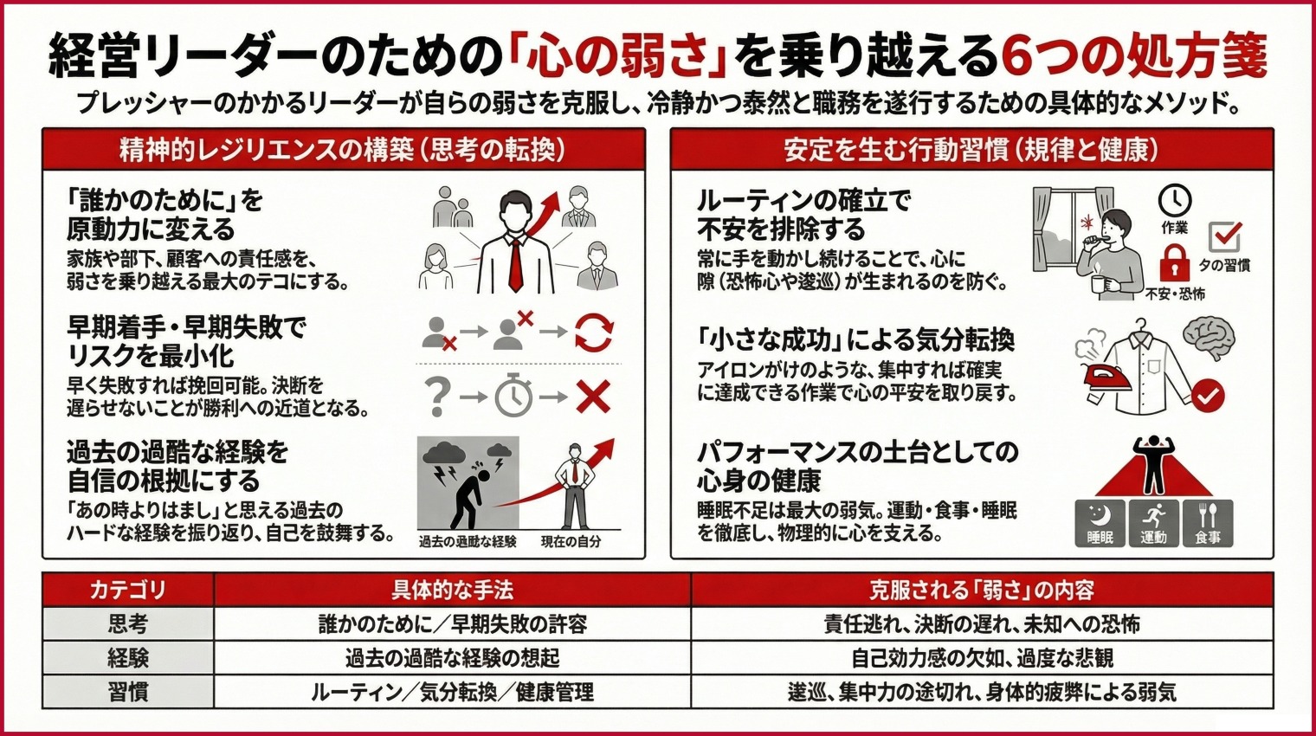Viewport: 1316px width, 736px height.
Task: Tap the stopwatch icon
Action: tap(513, 397)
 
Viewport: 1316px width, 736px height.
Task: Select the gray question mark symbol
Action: tap(438, 397)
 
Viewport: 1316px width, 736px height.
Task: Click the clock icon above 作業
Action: tap(1174, 201)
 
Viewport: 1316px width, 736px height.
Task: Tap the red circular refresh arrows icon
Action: tap(593, 332)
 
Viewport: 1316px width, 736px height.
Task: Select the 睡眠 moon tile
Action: tap(1100, 523)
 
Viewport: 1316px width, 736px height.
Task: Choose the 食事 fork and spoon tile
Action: tap(1208, 523)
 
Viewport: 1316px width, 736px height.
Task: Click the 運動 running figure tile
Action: tap(1153, 523)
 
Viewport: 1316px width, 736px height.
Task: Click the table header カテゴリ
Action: tap(128, 591)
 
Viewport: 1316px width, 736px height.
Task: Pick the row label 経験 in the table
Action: tap(128, 658)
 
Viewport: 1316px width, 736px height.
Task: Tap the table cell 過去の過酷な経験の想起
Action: tap(452, 658)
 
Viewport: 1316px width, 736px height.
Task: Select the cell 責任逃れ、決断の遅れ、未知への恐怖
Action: tap(981, 624)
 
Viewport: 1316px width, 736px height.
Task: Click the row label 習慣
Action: tap(128, 693)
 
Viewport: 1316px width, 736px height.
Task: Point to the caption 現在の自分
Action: tap(571, 542)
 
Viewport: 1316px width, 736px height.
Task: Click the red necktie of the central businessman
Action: tap(515, 263)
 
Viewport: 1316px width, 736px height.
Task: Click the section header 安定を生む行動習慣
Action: tap(971, 150)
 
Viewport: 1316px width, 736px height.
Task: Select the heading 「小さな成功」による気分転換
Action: tap(855, 339)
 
